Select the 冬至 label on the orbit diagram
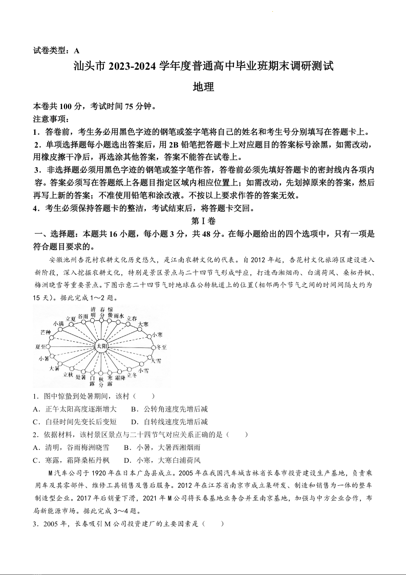161,347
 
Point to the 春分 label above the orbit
102,313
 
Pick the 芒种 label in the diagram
46,333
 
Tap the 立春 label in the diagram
132,318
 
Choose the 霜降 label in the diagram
120,377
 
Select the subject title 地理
203,87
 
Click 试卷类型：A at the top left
57,50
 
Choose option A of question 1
75,409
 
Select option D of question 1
169,422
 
